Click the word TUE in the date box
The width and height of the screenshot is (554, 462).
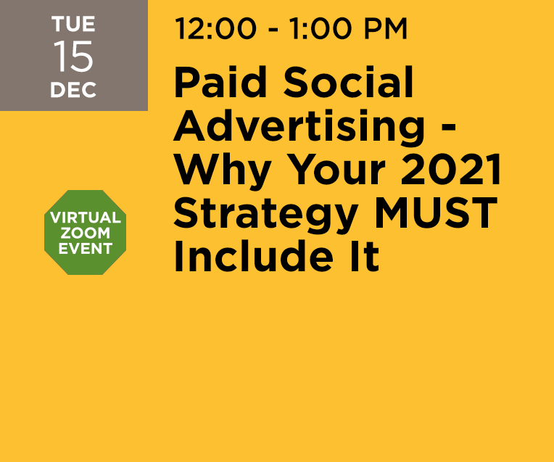click(x=73, y=24)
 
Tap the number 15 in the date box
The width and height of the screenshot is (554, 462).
click(x=73, y=56)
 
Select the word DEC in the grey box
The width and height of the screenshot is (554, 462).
click(x=73, y=90)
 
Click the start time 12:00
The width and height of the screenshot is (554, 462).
click(x=215, y=28)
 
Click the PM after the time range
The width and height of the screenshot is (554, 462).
click(x=386, y=28)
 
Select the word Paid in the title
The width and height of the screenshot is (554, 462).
click(x=220, y=83)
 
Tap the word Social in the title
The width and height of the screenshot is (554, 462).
click(x=348, y=83)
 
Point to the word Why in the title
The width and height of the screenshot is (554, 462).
click(x=223, y=170)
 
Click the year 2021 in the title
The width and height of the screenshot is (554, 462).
click(x=451, y=170)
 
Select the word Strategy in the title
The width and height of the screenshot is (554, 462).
click(x=265, y=214)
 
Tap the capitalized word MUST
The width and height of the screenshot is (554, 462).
click(x=436, y=213)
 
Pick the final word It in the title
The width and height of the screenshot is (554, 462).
click(x=365, y=257)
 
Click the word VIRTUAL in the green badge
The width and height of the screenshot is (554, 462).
click(x=86, y=218)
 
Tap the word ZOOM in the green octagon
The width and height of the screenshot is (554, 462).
click(x=85, y=234)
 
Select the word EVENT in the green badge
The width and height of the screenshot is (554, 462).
click(x=86, y=249)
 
